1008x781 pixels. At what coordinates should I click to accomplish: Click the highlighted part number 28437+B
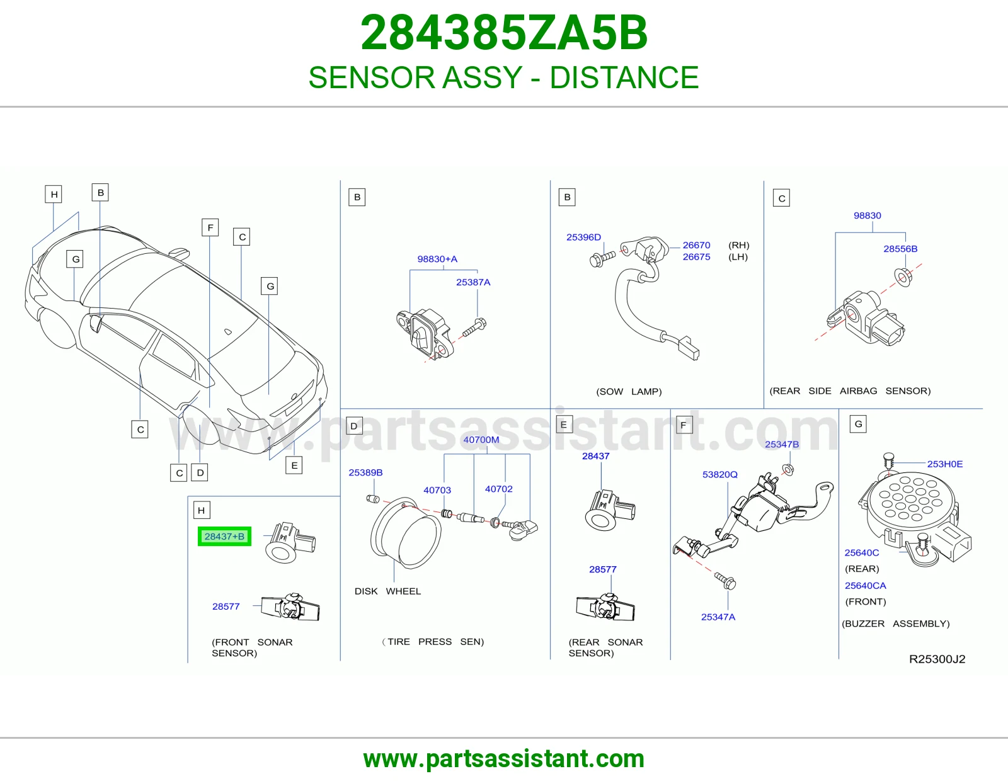pyautogui.click(x=224, y=537)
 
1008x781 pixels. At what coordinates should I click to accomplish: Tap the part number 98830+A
pyautogui.click(x=437, y=259)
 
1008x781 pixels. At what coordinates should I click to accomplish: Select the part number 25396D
pyautogui.click(x=583, y=237)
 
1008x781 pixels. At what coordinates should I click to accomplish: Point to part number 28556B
pyautogui.click(x=900, y=249)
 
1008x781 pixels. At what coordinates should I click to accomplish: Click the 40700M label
pyautogui.click(x=481, y=439)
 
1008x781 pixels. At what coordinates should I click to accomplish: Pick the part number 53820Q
pyautogui.click(x=720, y=474)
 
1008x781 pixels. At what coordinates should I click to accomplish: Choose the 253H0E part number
pyautogui.click(x=945, y=464)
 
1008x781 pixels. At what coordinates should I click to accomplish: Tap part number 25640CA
pyautogui.click(x=865, y=585)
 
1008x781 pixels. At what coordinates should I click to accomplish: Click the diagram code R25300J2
pyautogui.click(x=937, y=659)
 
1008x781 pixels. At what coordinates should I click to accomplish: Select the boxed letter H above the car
pyautogui.click(x=54, y=194)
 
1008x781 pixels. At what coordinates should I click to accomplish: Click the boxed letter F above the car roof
pyautogui.click(x=210, y=228)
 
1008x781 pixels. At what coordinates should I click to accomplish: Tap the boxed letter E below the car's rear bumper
pyautogui.click(x=294, y=465)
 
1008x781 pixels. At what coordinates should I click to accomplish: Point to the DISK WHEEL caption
pyautogui.click(x=387, y=591)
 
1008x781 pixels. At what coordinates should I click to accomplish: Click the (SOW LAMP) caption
pyautogui.click(x=629, y=391)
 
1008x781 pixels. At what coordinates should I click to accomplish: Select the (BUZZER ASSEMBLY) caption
pyautogui.click(x=896, y=624)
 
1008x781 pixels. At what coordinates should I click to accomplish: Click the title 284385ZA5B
pyautogui.click(x=504, y=33)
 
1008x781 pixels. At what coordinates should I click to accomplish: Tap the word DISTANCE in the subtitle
pyautogui.click(x=624, y=77)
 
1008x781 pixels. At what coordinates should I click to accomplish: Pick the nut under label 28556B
pyautogui.click(x=903, y=277)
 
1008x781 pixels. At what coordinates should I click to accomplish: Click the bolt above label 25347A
pyautogui.click(x=725, y=580)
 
